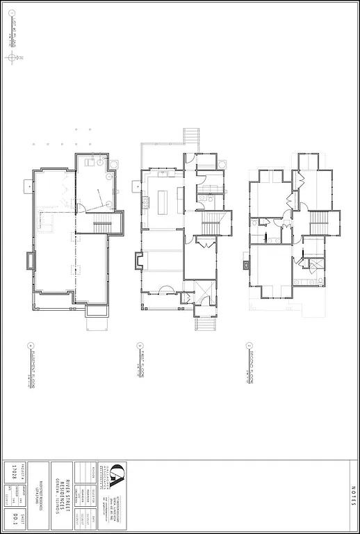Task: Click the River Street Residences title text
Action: pos(63,496)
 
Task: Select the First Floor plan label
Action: pos(140,367)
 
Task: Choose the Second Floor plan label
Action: pos(248,367)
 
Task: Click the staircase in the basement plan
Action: pos(101,225)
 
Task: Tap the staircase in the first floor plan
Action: pos(211,225)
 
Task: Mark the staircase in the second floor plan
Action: pos(318,223)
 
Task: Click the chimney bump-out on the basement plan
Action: pos(30,261)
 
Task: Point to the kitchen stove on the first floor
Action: pos(146,202)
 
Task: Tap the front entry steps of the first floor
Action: pos(205,323)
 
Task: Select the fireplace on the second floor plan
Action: pos(247,264)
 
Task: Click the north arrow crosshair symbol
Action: pos(12,58)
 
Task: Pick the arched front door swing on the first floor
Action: pos(167,291)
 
